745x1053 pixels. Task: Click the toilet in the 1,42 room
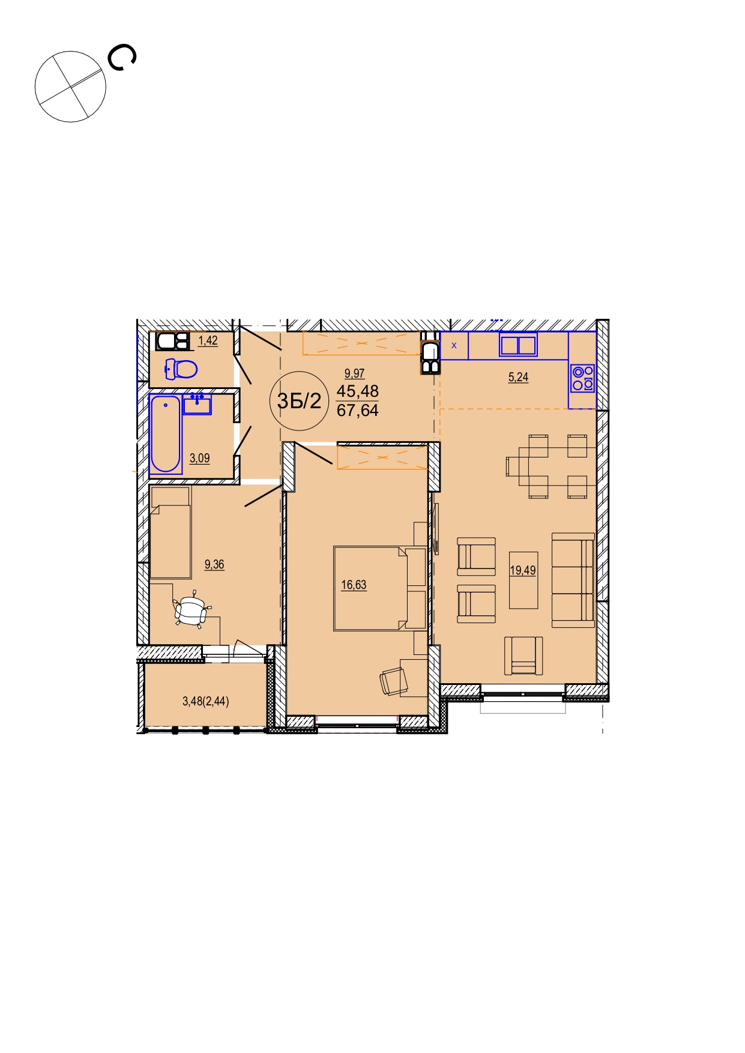[181, 369]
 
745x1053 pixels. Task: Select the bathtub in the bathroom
[166, 434]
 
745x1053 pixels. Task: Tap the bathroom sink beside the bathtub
[197, 404]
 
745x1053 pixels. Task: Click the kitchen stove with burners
[582, 378]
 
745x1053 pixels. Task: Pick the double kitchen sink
[518, 345]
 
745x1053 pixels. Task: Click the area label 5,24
[518, 377]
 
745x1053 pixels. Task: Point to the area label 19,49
[523, 570]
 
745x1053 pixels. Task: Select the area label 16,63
[354, 585]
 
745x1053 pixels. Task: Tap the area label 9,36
[214, 564]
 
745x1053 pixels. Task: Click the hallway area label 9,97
[355, 373]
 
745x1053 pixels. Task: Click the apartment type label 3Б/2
[299, 400]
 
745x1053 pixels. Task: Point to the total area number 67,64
[358, 411]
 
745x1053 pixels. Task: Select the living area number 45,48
[358, 391]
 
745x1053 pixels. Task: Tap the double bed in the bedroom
[380, 588]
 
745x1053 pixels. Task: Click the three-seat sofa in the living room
[573, 580]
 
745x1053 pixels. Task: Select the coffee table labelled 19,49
[523, 580]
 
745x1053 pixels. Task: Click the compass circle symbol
[70, 86]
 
